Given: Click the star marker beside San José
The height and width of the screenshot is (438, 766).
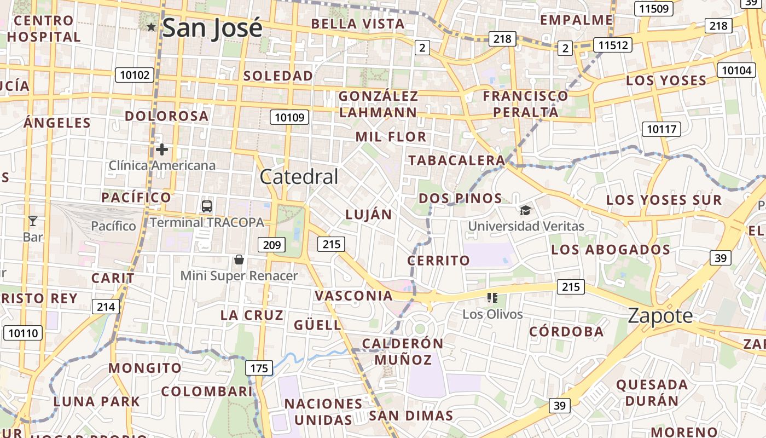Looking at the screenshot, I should [x=152, y=27].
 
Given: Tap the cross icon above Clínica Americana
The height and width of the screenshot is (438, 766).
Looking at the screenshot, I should [x=161, y=149].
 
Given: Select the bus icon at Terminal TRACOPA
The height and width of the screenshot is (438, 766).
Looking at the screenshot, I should [x=207, y=206].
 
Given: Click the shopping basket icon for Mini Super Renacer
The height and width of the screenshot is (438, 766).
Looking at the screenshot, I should [x=239, y=259].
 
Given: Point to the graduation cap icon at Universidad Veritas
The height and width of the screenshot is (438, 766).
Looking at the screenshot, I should [x=525, y=210].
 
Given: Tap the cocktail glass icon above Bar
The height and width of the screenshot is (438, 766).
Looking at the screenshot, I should [x=32, y=221].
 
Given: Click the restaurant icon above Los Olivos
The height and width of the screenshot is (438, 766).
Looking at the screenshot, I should [x=492, y=298].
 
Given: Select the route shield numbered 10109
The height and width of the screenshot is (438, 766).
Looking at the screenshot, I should [x=289, y=117].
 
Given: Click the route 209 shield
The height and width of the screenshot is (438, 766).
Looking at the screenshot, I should [x=272, y=245].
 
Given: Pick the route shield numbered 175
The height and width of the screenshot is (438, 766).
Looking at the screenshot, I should [x=259, y=368].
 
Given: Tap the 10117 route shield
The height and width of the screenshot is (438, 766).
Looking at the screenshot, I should [x=661, y=129].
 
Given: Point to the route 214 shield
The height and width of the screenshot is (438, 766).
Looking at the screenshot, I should [x=106, y=307].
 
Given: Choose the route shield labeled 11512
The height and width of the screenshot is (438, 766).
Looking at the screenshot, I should [x=613, y=45].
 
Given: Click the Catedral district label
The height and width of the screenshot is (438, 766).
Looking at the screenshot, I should [x=299, y=177].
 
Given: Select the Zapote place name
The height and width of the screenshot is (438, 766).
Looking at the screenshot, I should [x=660, y=316].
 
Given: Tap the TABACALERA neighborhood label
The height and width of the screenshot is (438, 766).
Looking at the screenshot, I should [x=456, y=160].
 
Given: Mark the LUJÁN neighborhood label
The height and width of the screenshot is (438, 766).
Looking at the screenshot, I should [x=369, y=215].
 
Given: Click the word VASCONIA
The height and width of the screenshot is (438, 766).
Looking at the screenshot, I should [x=353, y=296].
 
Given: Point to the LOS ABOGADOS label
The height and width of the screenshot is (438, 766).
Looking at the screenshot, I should [x=611, y=250].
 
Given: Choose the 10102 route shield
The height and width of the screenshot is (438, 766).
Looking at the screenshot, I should [x=134, y=75].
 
